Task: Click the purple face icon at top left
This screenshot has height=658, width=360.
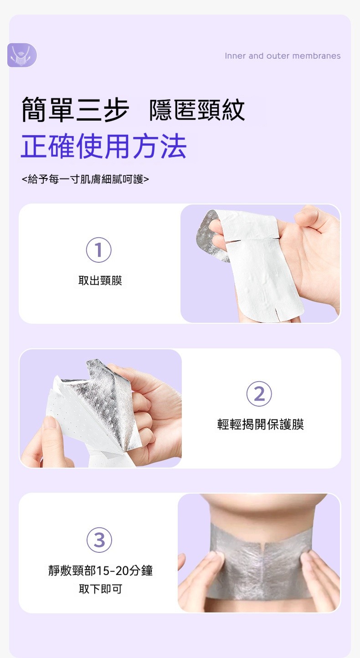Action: [22, 55]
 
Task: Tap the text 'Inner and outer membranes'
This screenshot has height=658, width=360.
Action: [283, 56]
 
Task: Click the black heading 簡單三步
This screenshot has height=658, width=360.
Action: [76, 110]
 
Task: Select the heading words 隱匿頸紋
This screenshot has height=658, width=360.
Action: [197, 110]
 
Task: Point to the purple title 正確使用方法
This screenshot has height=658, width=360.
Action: [104, 146]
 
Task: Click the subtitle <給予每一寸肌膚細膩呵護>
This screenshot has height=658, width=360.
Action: [86, 179]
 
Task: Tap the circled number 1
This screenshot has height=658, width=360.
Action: [99, 250]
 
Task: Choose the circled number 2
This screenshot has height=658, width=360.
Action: [259, 393]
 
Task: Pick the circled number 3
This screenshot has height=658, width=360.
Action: [99, 540]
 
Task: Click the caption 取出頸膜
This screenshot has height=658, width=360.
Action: [100, 281]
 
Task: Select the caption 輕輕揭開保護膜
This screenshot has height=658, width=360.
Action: [260, 424]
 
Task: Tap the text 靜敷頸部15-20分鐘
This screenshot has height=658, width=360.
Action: [101, 571]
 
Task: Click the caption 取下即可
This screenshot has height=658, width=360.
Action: [100, 589]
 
